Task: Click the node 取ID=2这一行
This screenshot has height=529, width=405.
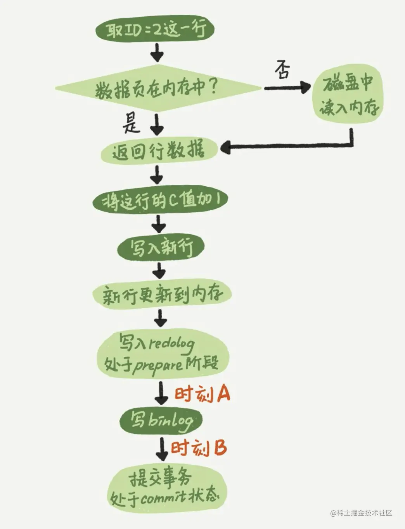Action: point(155,29)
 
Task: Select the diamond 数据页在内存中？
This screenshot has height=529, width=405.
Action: point(157,89)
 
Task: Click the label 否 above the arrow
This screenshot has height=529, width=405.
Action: point(283,70)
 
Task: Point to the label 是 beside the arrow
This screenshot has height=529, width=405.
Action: point(131,124)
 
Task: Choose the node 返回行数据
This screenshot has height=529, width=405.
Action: point(158,150)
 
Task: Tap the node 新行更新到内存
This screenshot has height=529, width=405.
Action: point(162,295)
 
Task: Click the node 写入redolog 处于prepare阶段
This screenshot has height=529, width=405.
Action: point(162,354)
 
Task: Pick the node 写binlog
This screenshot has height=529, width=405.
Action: point(161,420)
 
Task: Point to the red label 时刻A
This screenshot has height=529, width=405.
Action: point(202,394)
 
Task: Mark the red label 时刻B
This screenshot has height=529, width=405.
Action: point(199,448)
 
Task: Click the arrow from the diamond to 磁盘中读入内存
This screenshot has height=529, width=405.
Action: point(287,88)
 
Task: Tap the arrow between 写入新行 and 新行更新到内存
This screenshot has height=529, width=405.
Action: point(159,270)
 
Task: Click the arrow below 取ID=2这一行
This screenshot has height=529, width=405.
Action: point(157,52)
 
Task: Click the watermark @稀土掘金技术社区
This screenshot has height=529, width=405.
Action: point(361,513)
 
